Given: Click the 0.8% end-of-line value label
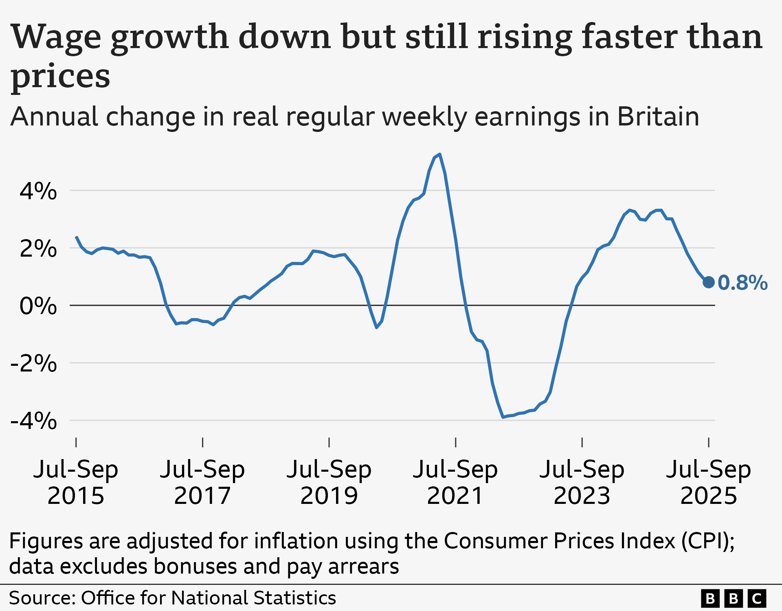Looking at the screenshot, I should pyautogui.click(x=742, y=283).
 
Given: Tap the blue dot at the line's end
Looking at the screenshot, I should pyautogui.click(x=709, y=282).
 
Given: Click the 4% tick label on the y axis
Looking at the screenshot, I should pyautogui.click(x=38, y=191).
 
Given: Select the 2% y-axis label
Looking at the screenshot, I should pyautogui.click(x=38, y=248).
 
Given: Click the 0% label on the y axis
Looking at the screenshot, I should pyautogui.click(x=38, y=305).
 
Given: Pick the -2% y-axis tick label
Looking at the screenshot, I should pyautogui.click(x=34, y=363).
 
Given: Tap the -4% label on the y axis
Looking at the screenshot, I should pyautogui.click(x=34, y=420).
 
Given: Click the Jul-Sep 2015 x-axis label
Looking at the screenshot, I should pyautogui.click(x=76, y=482).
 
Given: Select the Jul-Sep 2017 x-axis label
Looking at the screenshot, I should pyautogui.click(x=202, y=482).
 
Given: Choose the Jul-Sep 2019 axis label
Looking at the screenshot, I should pyautogui.click(x=329, y=482).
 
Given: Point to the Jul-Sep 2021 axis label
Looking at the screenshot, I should pyautogui.click(x=455, y=482).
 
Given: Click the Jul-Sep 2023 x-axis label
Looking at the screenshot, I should pyautogui.click(x=582, y=482).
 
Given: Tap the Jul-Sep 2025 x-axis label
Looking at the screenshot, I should pyautogui.click(x=709, y=482).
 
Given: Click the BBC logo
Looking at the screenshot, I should pyautogui.click(x=734, y=598).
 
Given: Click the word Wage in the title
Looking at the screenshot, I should pyautogui.click(x=56, y=37).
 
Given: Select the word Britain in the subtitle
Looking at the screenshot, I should pyautogui.click(x=658, y=117).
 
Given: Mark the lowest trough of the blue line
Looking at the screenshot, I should pyautogui.click(x=503, y=417).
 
